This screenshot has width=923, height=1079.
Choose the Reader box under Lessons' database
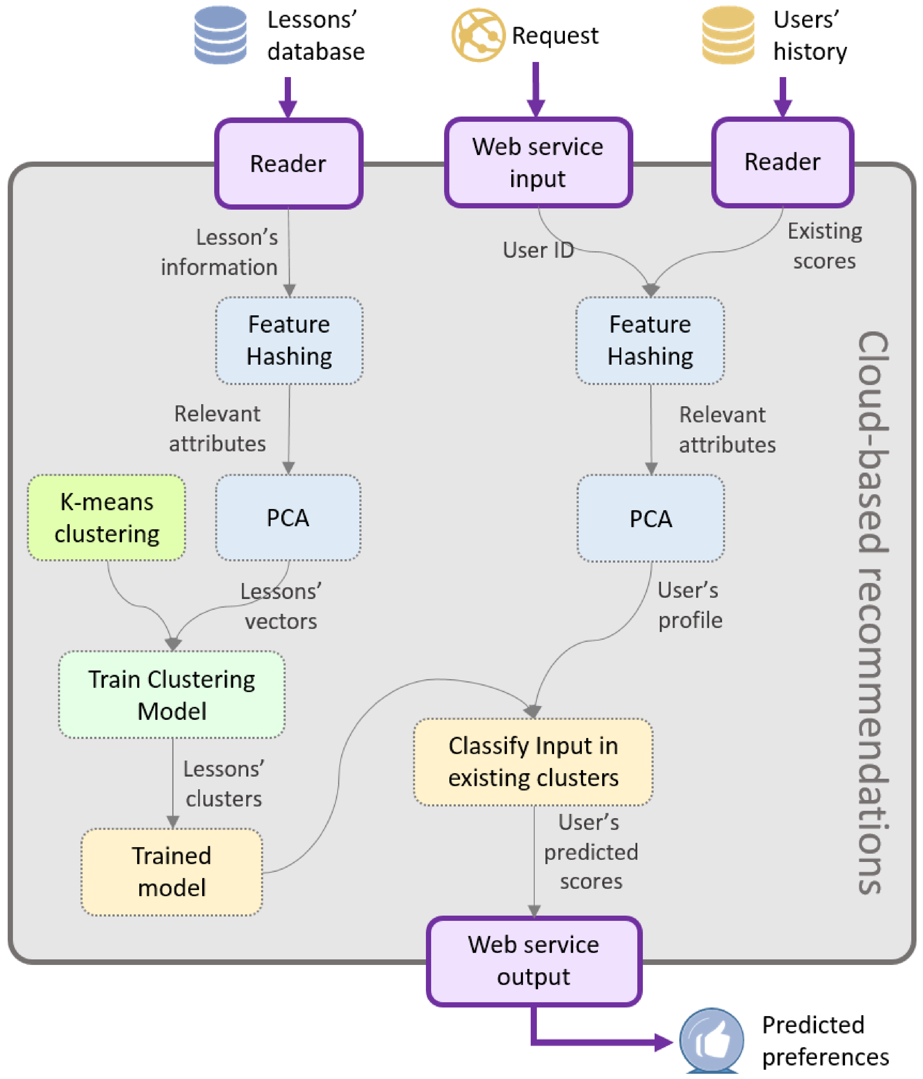288,163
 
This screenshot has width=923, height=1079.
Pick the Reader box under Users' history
782,162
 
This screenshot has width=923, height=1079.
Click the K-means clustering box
107,518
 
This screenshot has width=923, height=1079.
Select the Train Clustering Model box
172,695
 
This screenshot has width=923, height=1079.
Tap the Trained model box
172,872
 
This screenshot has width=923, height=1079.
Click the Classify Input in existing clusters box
533,762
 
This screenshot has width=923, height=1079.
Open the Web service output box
533,961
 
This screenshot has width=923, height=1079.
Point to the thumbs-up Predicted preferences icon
712,1040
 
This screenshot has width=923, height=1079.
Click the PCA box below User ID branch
651,518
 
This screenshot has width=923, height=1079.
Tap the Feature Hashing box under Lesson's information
289,341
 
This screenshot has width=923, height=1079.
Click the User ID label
538,250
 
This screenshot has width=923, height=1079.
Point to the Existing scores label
825,246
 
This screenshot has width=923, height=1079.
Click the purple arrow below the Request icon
536,90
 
